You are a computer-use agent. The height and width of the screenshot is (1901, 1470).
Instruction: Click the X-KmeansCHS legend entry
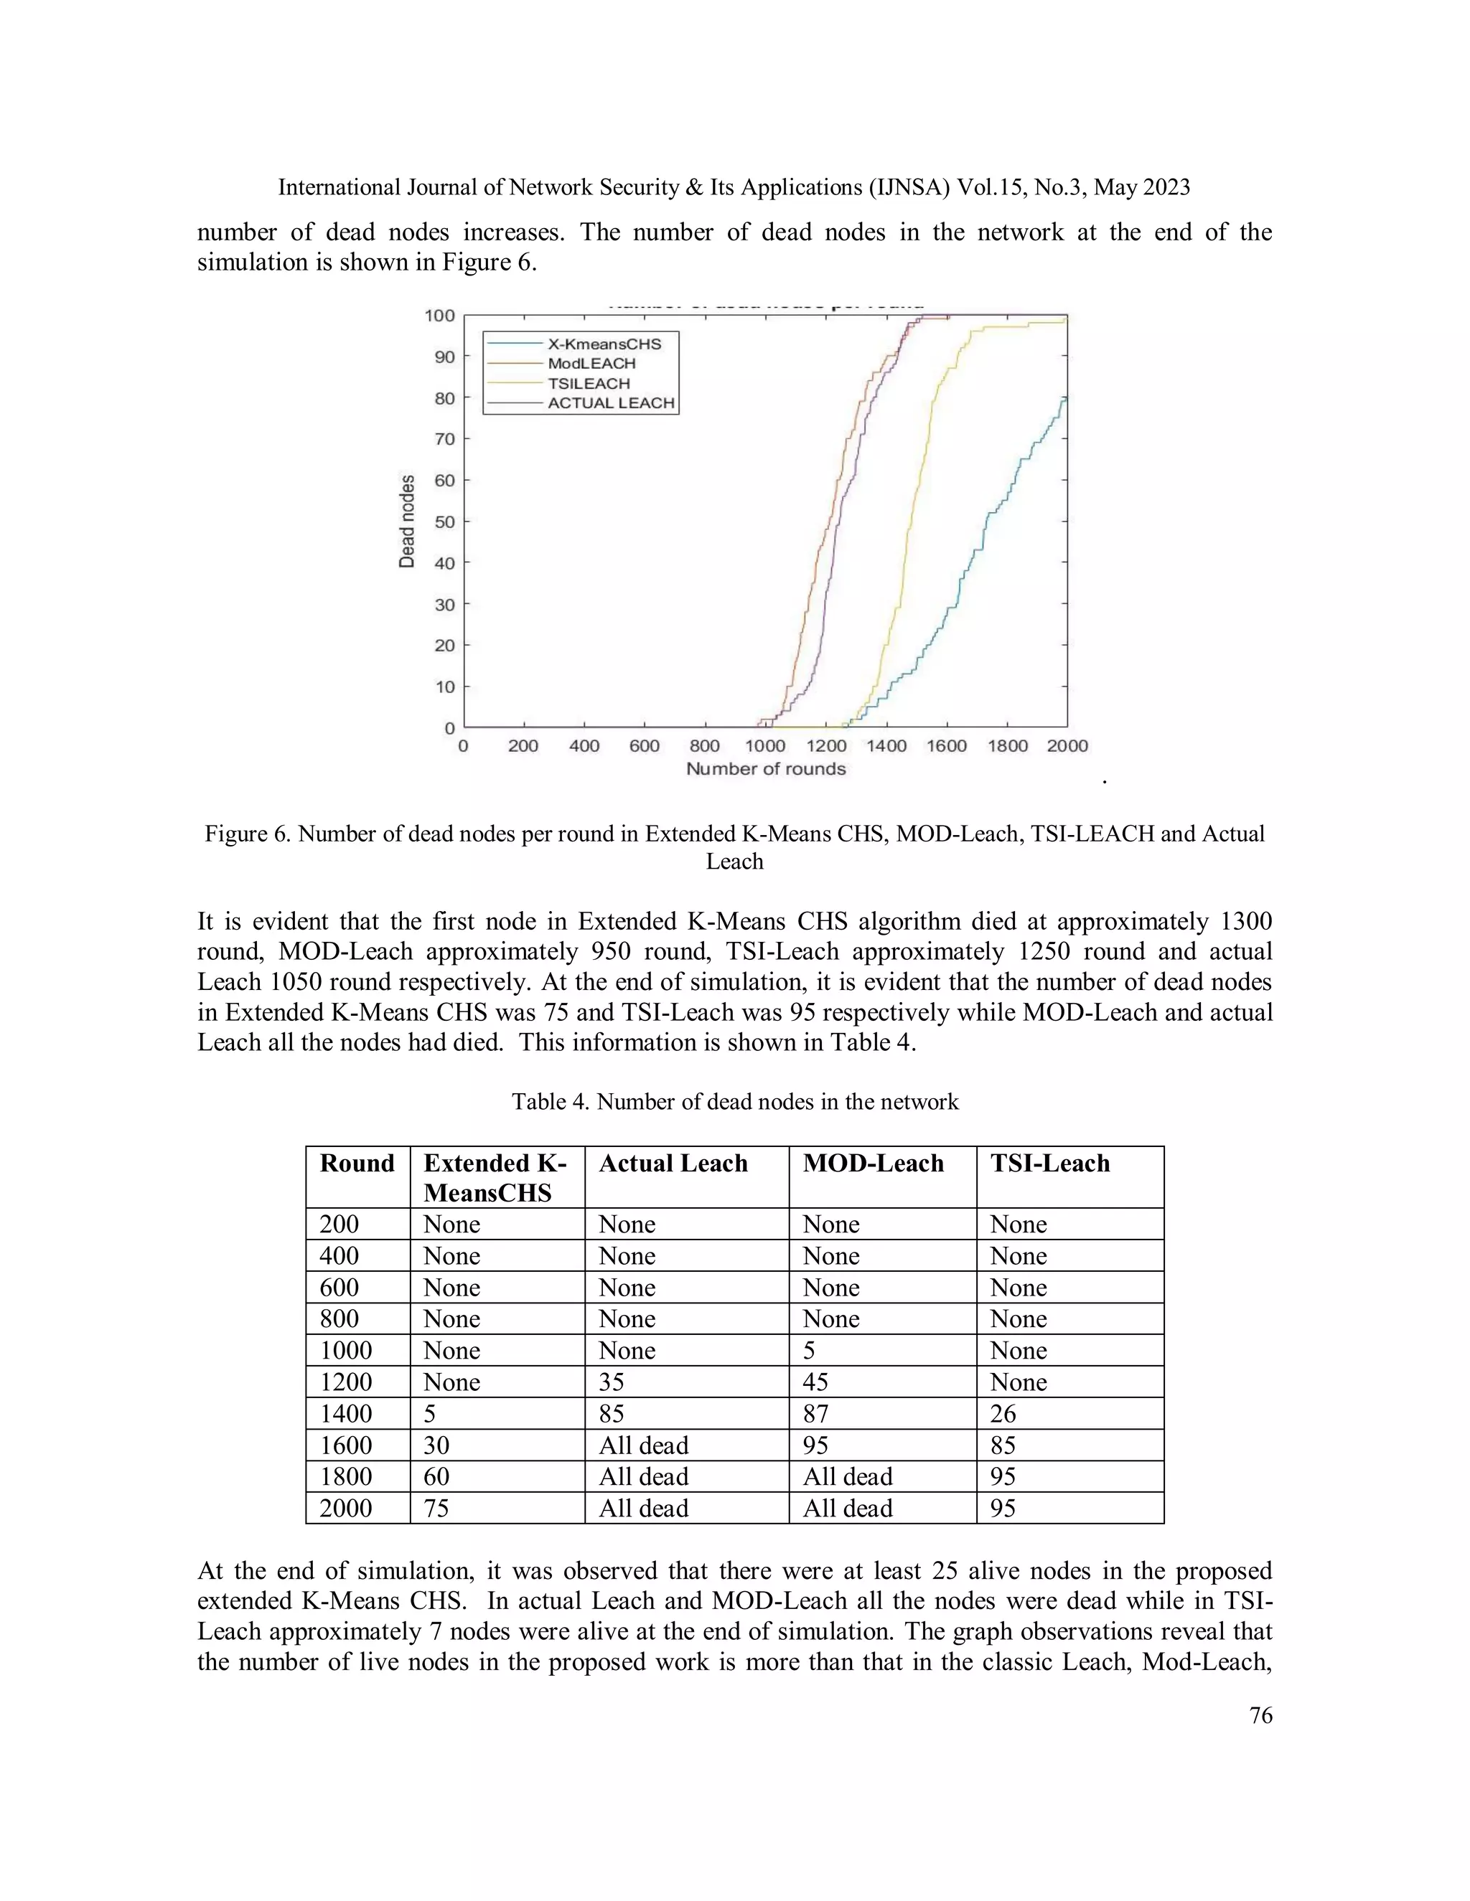tap(604, 344)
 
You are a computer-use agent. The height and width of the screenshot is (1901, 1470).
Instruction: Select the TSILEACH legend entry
tap(588, 383)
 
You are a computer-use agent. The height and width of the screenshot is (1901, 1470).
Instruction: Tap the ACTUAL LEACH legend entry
tap(611, 403)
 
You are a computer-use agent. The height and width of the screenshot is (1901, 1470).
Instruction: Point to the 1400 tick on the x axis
tap(886, 746)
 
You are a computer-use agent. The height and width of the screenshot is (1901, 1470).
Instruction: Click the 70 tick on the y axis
tap(444, 439)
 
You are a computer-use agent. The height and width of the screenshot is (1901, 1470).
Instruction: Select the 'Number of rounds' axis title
tap(765, 768)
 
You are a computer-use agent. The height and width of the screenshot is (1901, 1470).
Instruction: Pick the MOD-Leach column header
tap(873, 1164)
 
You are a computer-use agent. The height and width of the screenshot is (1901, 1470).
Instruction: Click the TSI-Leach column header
tap(1049, 1164)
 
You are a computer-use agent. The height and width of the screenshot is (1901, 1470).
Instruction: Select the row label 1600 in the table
tap(346, 1445)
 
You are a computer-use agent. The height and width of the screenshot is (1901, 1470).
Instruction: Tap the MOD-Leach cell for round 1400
tap(815, 1414)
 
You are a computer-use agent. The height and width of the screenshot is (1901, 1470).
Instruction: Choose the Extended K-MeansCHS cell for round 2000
tap(436, 1509)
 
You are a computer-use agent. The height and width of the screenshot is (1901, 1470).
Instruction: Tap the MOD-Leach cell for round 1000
tap(809, 1351)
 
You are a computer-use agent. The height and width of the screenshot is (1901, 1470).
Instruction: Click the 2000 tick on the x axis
tap(1067, 746)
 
